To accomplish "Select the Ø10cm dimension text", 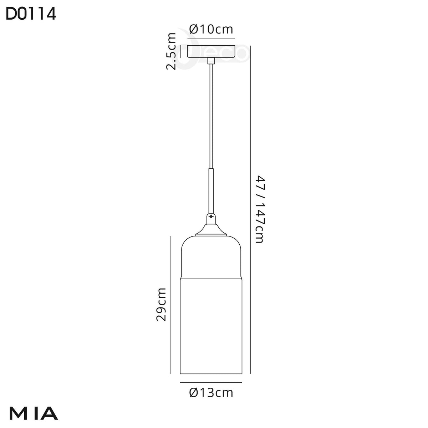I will (211, 29).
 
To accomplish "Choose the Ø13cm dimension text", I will (211, 393).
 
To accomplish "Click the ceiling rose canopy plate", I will (211, 52).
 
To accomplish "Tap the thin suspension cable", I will (212, 118).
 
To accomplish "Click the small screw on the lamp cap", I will (212, 216).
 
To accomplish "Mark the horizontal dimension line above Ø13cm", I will (211, 382).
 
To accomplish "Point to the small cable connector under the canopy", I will (212, 61).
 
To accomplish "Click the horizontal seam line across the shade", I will (211, 277).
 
